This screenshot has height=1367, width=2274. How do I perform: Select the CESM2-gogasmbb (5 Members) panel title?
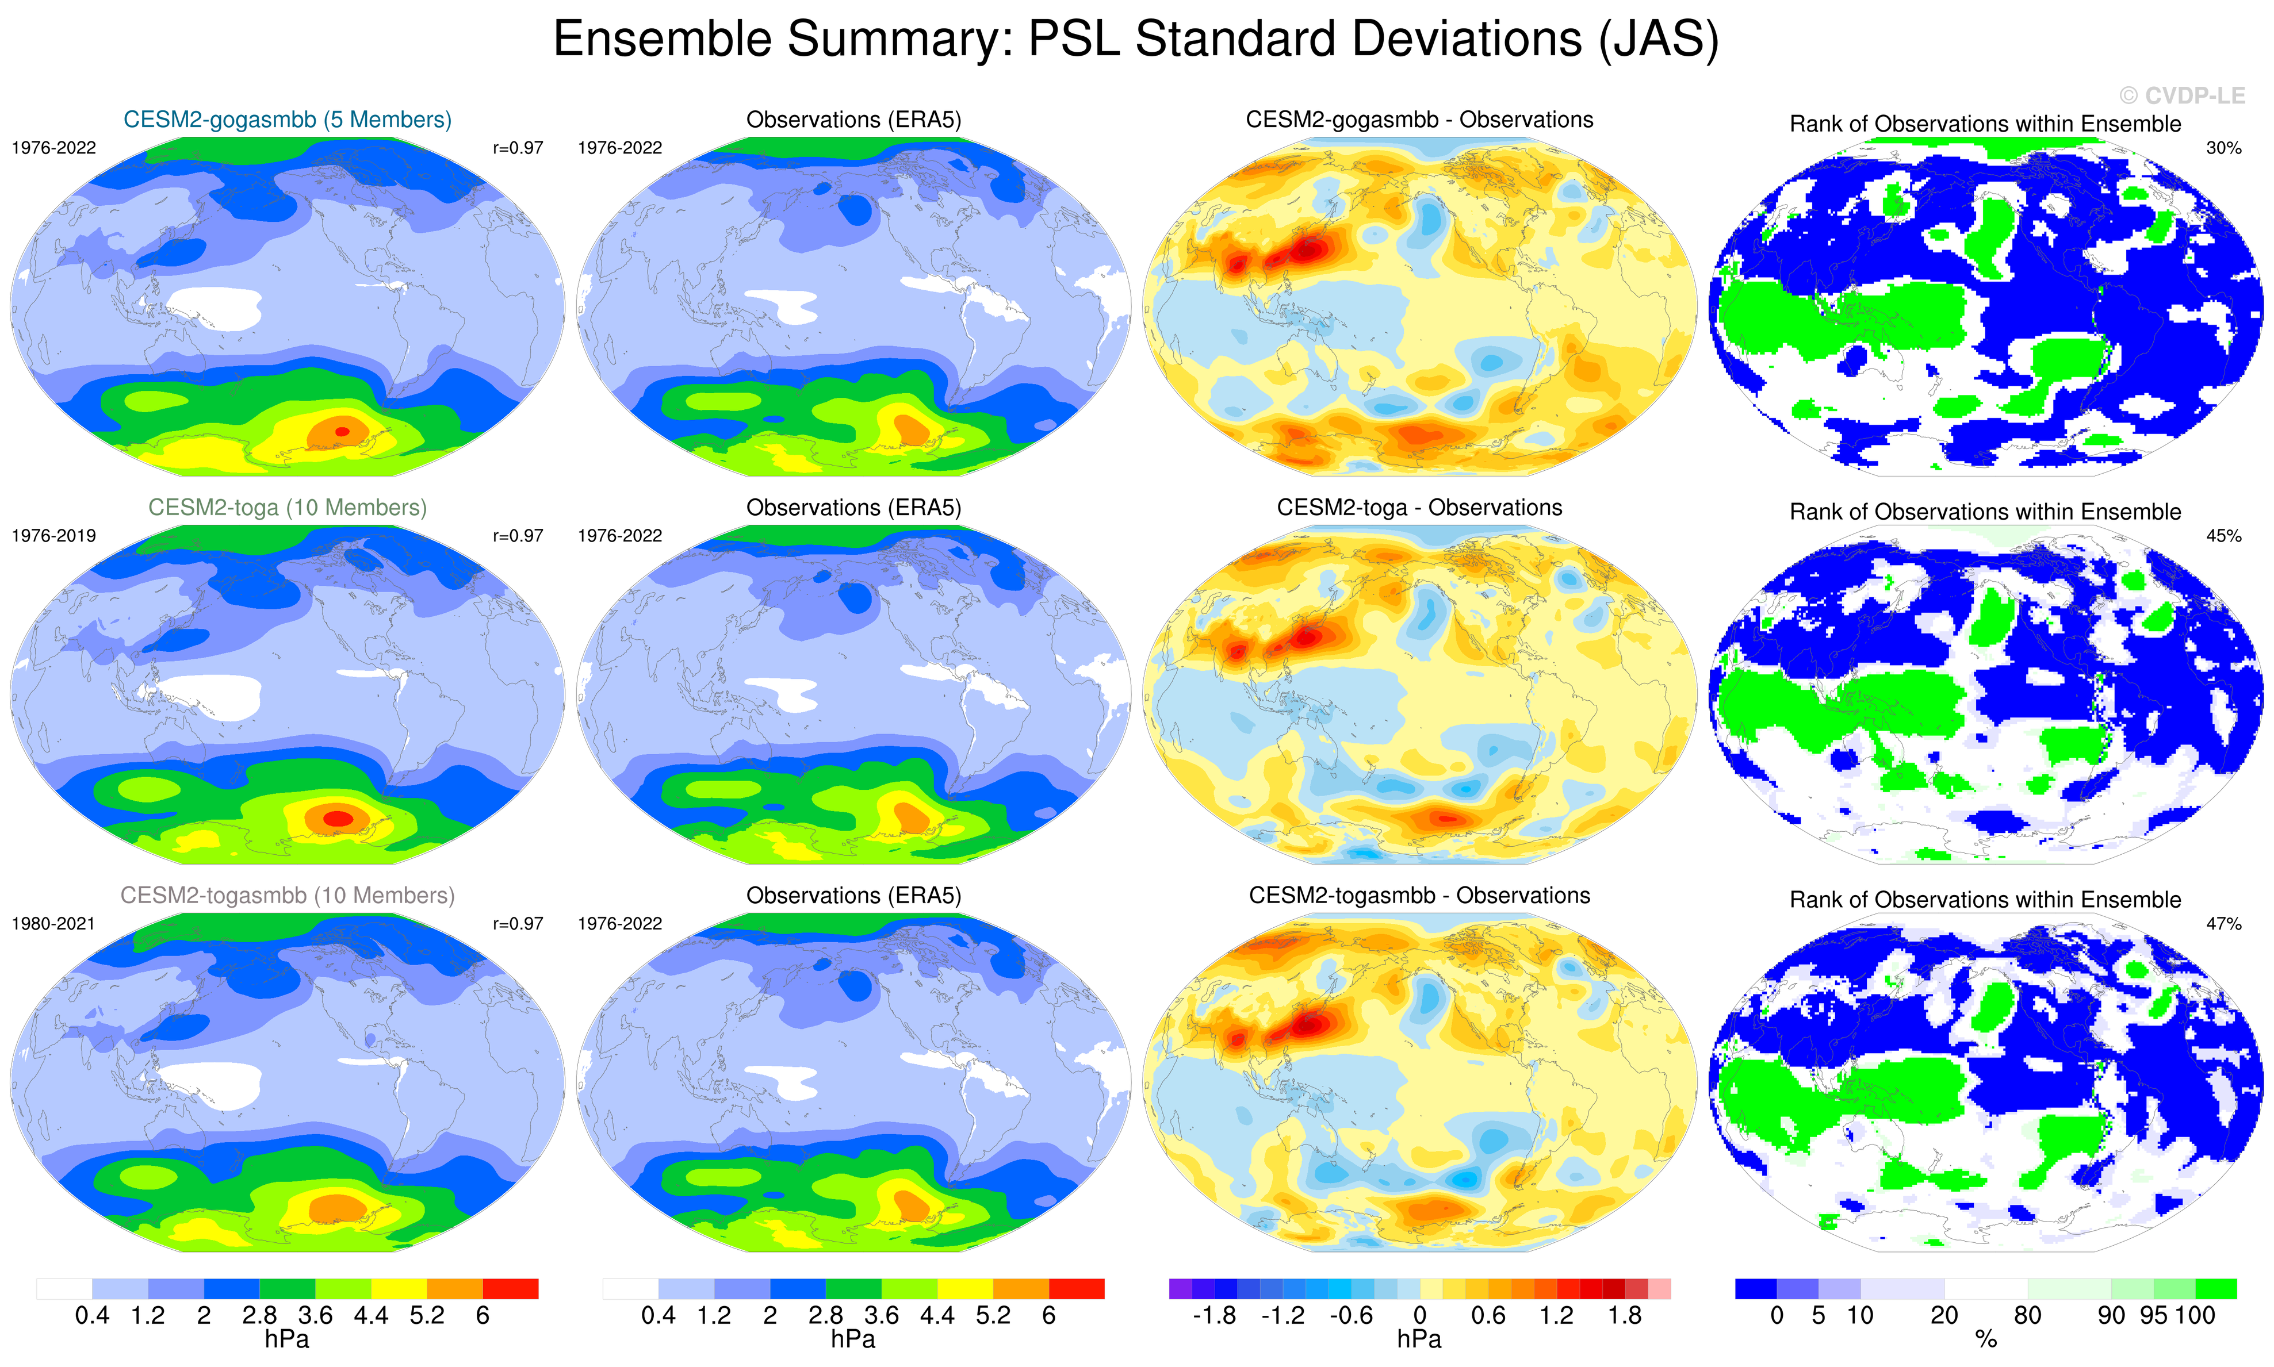pos(288,120)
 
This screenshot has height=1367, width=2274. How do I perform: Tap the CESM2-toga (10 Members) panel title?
pos(288,508)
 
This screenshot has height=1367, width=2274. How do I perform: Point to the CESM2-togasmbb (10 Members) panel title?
pos(288,896)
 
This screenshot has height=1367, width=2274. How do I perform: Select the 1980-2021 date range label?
pos(53,924)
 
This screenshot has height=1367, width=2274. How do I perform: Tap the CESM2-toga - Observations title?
pos(1419,508)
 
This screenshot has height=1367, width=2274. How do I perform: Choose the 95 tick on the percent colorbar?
pos(2153,1315)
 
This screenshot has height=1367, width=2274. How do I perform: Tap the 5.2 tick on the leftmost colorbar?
pos(427,1315)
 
